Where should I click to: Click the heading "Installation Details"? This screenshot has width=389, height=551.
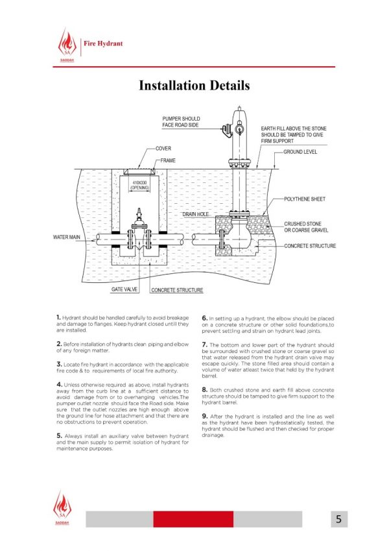tap(194, 86)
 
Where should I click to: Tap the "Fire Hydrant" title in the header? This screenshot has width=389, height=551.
tap(103, 43)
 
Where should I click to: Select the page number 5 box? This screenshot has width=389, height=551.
tap(338, 519)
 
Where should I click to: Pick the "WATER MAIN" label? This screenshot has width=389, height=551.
tap(67, 238)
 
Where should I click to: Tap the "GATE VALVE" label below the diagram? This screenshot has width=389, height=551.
tap(123, 289)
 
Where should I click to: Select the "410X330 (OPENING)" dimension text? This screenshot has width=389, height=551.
tap(140, 185)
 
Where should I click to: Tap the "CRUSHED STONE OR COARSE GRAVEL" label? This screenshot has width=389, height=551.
tap(306, 227)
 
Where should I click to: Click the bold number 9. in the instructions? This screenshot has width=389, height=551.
tap(205, 416)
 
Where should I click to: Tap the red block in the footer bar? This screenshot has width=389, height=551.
tap(193, 519)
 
